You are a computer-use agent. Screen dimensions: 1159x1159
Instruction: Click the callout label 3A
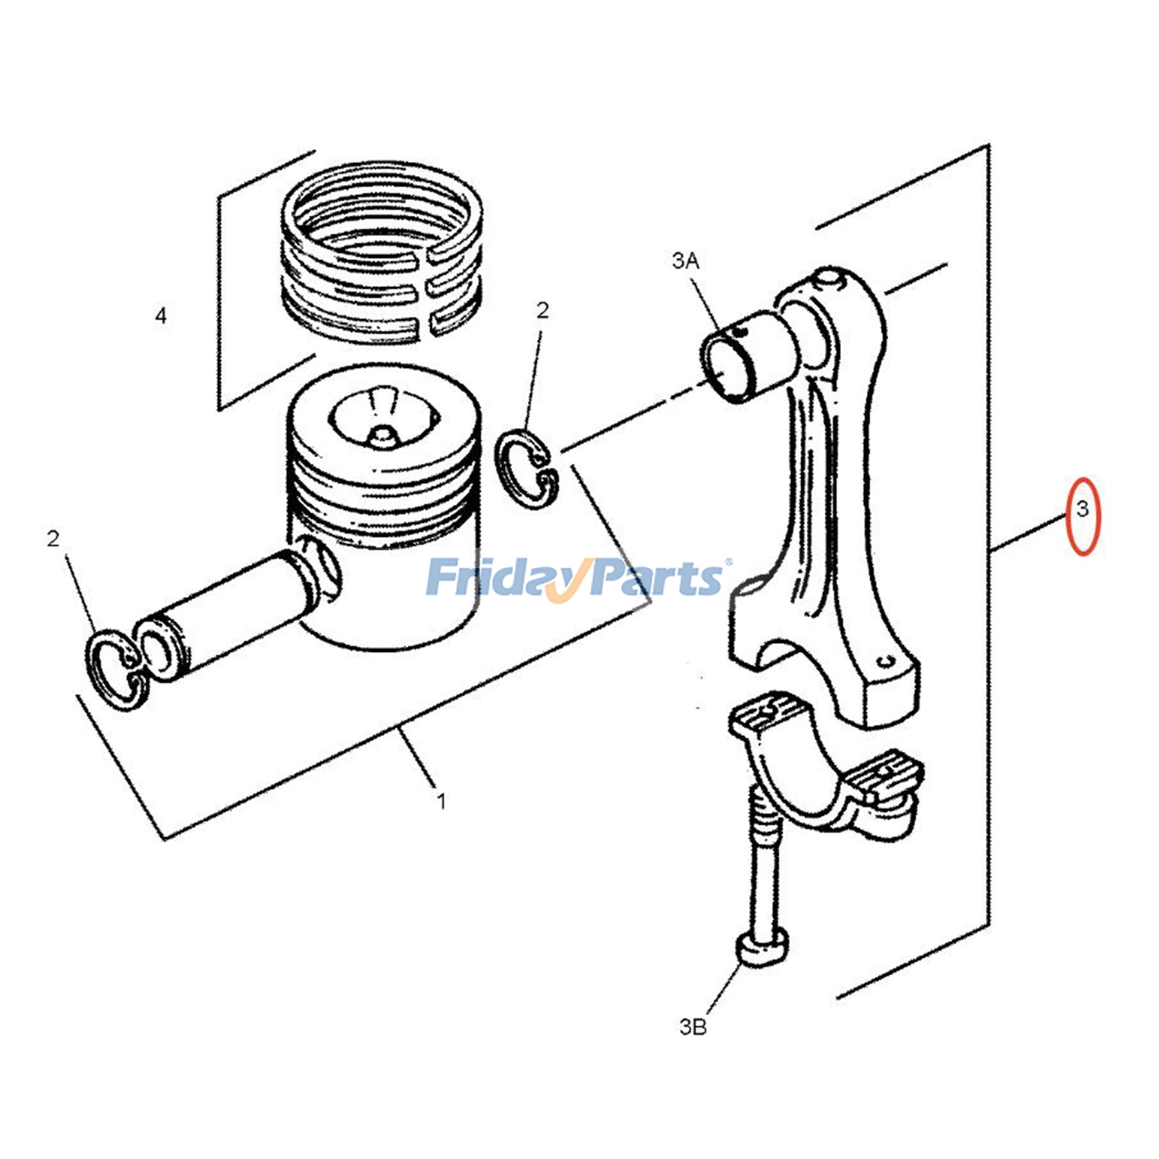(685, 261)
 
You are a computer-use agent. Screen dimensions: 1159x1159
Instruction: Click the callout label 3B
(693, 1026)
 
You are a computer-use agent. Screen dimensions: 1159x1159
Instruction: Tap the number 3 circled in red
(1082, 509)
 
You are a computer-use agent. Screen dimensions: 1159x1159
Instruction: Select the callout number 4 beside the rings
(161, 316)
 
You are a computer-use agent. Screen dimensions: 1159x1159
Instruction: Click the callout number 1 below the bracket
(440, 802)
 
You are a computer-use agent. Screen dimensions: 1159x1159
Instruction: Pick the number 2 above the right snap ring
(542, 311)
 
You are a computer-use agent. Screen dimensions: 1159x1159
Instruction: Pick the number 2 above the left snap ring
(53, 539)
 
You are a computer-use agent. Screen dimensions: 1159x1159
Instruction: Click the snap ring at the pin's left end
(114, 669)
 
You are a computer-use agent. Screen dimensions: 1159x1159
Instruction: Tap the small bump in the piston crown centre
(381, 436)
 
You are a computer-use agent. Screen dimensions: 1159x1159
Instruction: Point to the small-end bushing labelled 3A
(739, 355)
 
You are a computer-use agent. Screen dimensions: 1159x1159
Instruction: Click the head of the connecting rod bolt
(761, 948)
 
